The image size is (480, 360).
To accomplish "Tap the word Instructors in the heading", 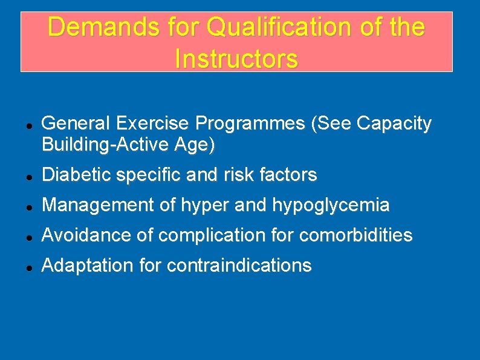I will (x=236, y=59).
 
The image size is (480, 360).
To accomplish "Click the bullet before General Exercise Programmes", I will (x=21, y=125).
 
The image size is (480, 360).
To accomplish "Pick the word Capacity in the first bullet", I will (x=394, y=123).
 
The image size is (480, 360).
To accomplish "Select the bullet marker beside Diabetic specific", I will (x=21, y=176).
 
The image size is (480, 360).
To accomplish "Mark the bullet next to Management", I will (x=21, y=206).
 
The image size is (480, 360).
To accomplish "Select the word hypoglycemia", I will (x=331, y=206).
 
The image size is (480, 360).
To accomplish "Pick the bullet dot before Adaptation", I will (x=21, y=266).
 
